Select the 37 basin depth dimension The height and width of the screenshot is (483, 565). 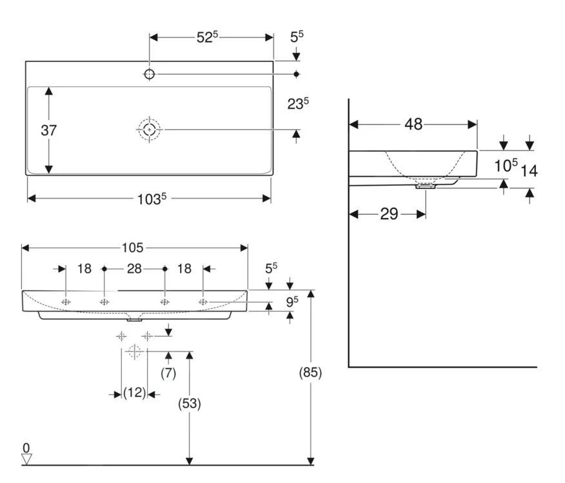[49, 130]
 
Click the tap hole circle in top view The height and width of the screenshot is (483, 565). [150, 74]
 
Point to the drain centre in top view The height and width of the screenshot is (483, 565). [150, 130]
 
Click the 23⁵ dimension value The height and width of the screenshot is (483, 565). [297, 103]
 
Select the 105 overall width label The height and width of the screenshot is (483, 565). [134, 248]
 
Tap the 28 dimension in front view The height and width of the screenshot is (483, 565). [134, 268]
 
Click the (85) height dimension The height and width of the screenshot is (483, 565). [311, 372]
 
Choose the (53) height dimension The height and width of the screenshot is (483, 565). [190, 404]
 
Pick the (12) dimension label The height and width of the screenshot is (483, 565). [134, 393]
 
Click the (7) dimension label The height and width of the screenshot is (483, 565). [168, 373]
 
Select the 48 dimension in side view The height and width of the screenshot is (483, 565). [413, 124]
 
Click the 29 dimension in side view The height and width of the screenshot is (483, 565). [389, 214]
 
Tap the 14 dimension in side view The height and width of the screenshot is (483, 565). [529, 171]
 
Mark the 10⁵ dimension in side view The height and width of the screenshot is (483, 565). [506, 166]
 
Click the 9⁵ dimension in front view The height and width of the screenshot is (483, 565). [292, 301]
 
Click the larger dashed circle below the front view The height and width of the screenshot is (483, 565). [134, 352]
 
